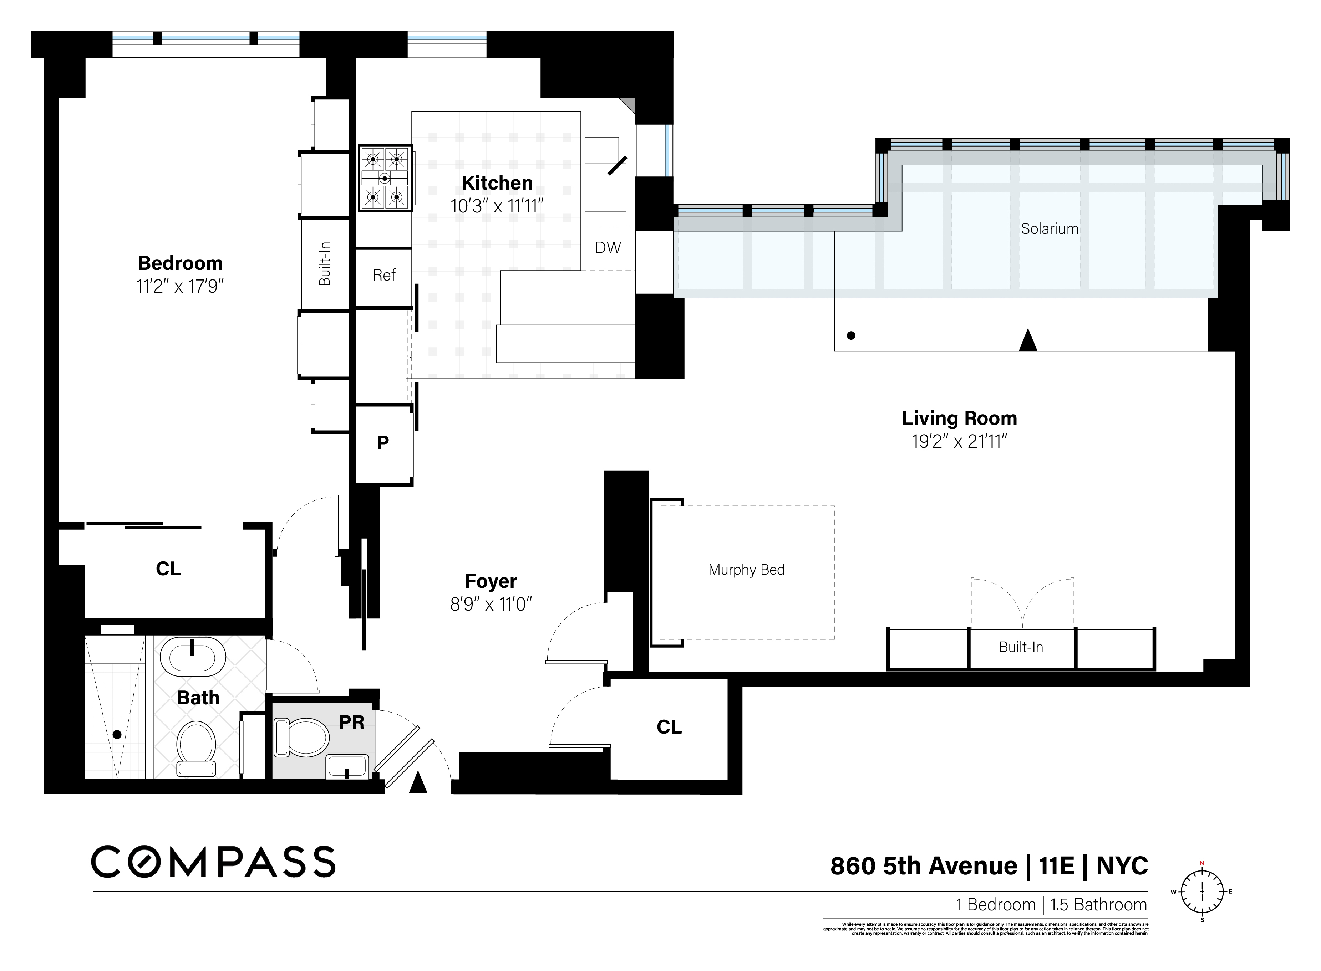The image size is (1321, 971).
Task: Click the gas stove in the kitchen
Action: coord(385,178)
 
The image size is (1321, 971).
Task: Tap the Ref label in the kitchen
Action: coord(384,275)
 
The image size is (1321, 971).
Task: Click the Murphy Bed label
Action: coord(746,570)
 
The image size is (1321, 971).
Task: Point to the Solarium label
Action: coord(1049,228)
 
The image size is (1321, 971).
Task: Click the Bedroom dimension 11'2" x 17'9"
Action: coord(180,286)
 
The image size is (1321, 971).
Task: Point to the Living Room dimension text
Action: coord(959,441)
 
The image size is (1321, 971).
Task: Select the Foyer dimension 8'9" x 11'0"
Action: coord(491,604)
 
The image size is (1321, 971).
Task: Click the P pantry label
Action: coord(383,443)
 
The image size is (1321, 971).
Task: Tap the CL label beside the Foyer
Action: coord(669,727)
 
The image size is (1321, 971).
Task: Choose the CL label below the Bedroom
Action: coord(168,569)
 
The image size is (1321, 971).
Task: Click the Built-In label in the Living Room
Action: coord(1021,647)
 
